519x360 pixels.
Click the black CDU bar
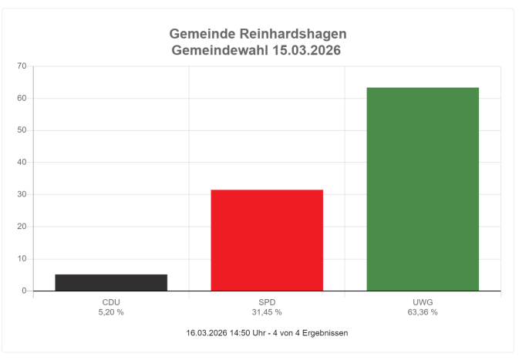tap(111, 282)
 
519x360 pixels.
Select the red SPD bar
tap(267, 240)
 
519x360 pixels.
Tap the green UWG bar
tap(423, 189)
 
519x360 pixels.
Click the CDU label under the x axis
tap(111, 302)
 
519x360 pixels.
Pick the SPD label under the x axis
tap(267, 302)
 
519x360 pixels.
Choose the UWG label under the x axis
tap(423, 302)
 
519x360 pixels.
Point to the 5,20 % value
tap(111, 312)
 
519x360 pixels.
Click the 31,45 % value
tap(267, 312)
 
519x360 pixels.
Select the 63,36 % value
tap(423, 312)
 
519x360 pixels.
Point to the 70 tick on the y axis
tap(22, 66)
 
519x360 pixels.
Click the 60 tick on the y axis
tap(22, 99)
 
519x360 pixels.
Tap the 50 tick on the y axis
tap(22, 130)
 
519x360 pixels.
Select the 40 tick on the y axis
tap(22, 163)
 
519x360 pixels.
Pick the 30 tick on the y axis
tap(22, 195)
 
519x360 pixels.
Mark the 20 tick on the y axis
tap(22, 227)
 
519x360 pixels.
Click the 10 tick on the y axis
tap(22, 259)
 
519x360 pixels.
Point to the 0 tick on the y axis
tap(25, 291)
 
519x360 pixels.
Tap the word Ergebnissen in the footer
tap(322, 333)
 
